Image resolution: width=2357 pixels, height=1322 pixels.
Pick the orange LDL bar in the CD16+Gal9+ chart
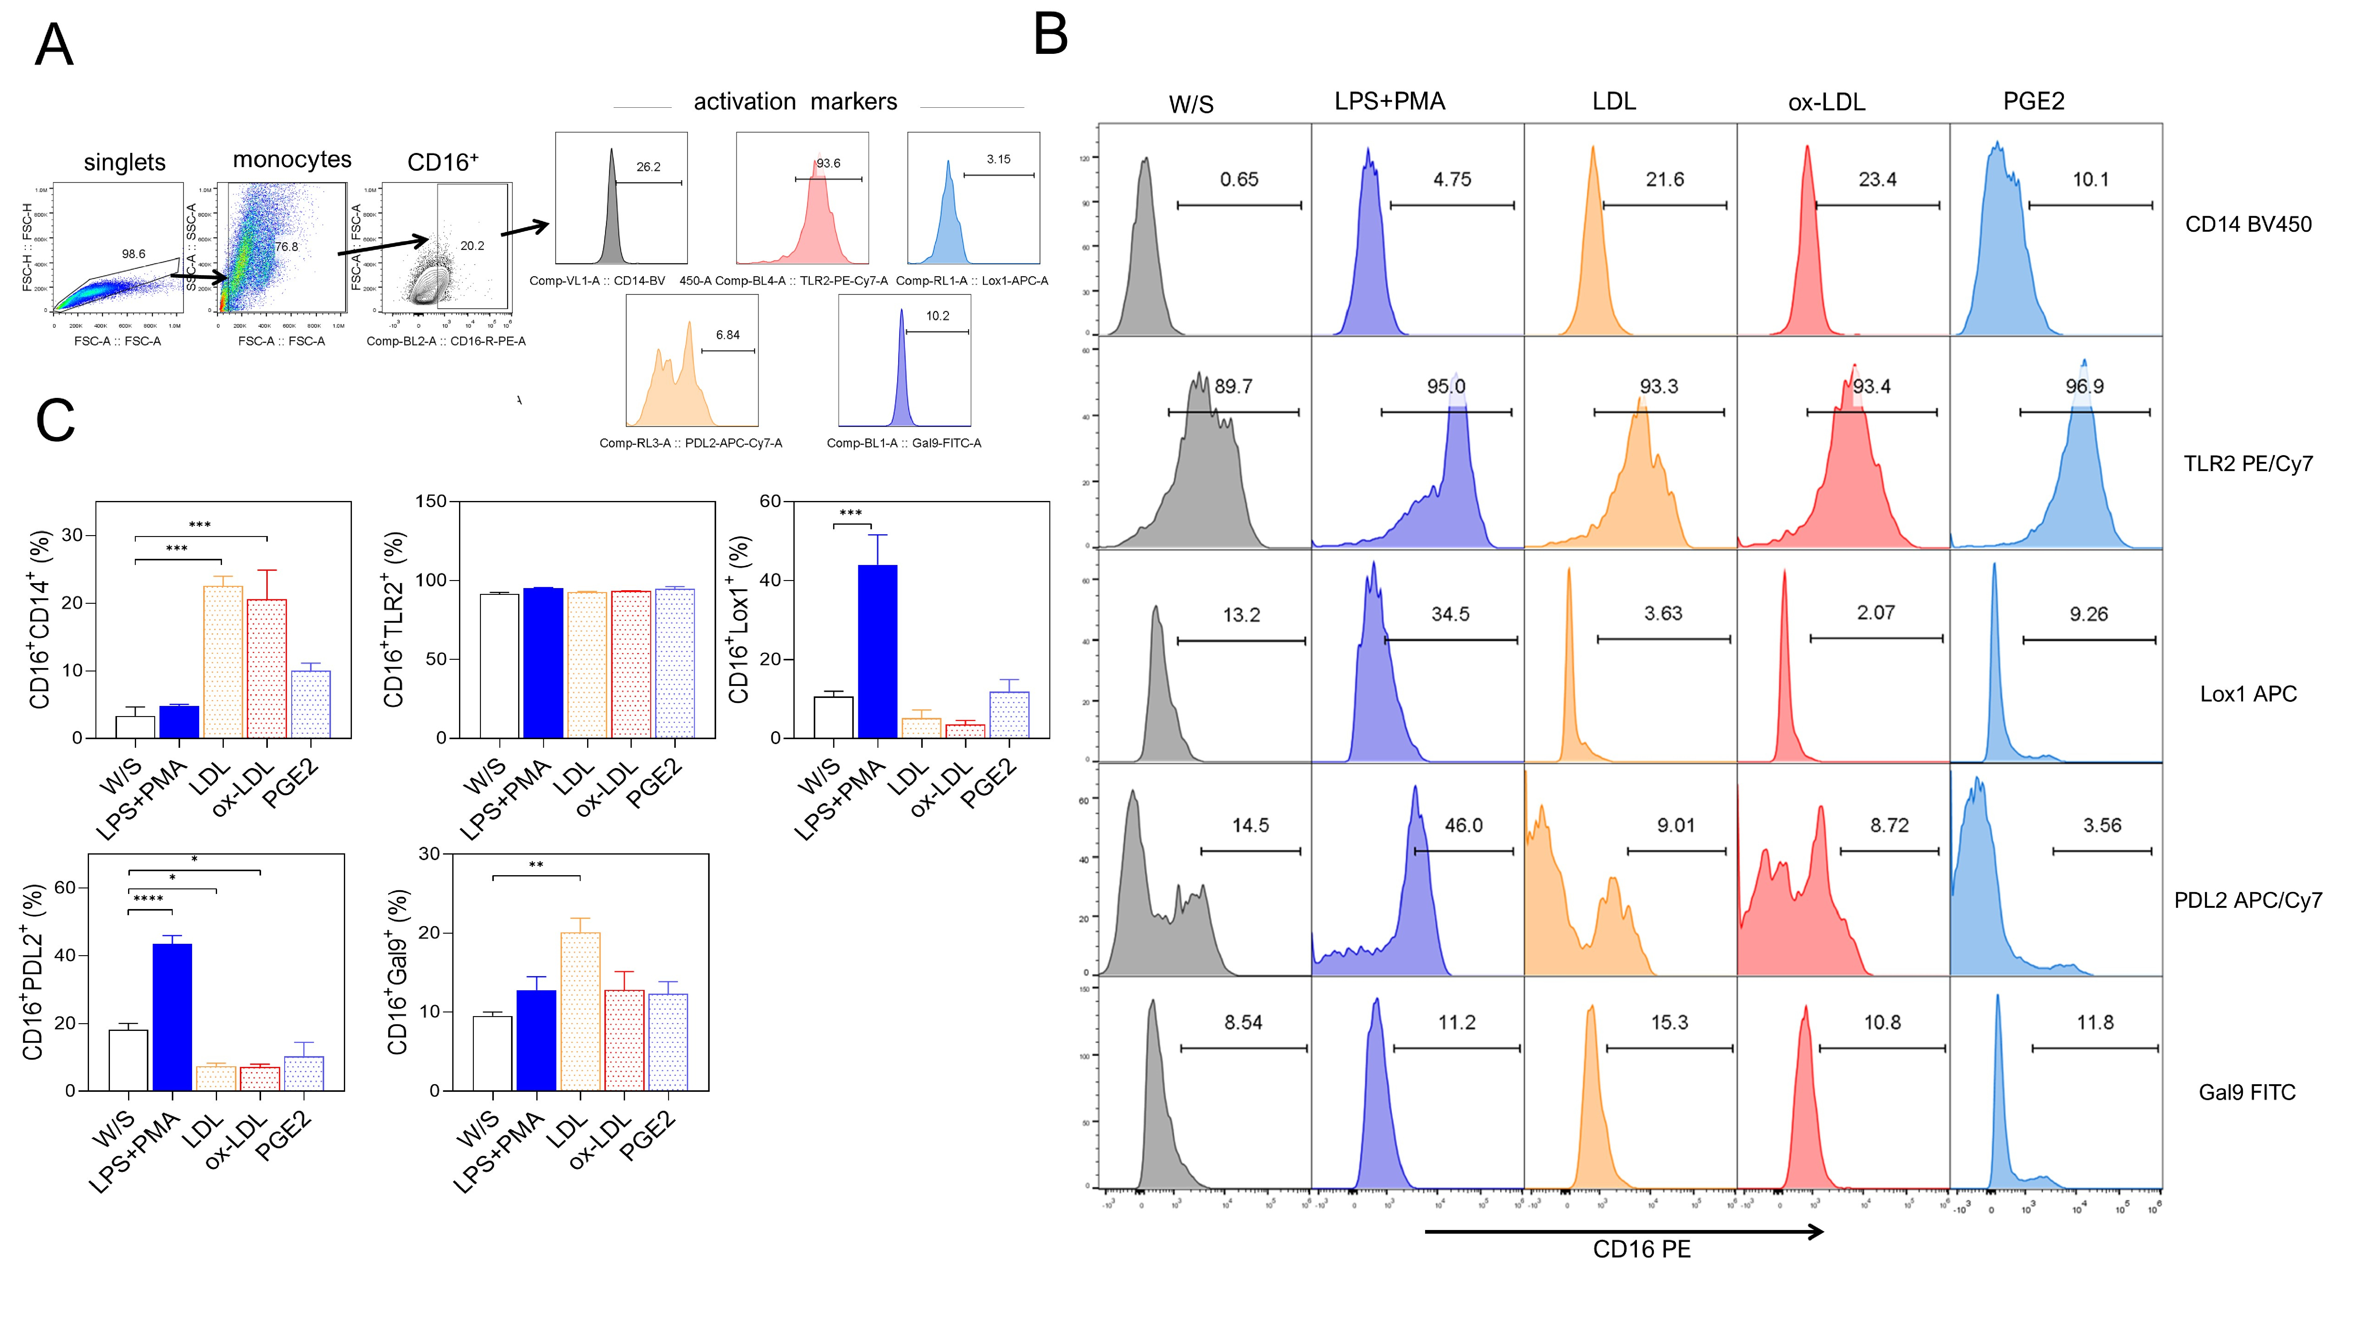[x=580, y=1011]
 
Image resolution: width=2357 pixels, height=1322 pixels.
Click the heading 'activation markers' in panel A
[x=795, y=102]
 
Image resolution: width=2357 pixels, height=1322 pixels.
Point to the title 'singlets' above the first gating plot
[x=124, y=163]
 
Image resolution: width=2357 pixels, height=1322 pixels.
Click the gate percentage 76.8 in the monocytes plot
[x=286, y=247]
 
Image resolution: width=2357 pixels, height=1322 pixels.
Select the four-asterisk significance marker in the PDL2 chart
[x=148, y=899]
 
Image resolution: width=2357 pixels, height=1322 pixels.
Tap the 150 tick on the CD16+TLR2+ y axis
[x=431, y=501]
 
